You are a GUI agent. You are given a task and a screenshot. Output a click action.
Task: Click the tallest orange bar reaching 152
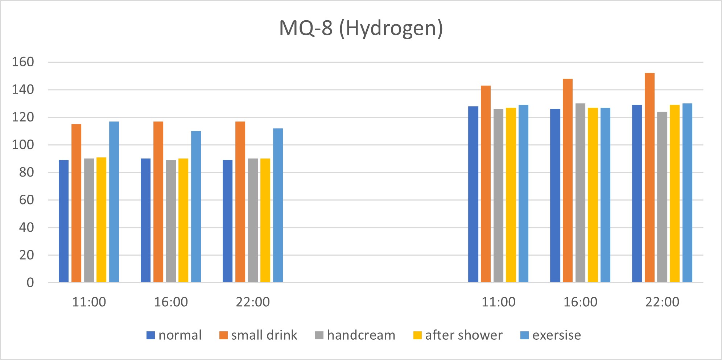[x=649, y=178]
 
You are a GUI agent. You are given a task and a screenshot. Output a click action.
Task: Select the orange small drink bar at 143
[x=486, y=184]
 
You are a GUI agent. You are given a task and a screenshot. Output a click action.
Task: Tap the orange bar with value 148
[x=568, y=181]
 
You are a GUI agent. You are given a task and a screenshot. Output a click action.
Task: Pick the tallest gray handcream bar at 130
[x=580, y=193]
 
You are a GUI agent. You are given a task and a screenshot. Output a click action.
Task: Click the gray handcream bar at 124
[x=662, y=197]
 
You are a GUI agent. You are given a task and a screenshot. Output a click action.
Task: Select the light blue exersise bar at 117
[x=114, y=202]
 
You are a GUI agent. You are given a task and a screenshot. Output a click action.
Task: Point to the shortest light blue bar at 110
[x=196, y=207]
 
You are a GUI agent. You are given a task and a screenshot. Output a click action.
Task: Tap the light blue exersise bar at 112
[x=278, y=205]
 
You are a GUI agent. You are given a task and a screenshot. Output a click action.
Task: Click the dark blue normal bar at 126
[x=555, y=195]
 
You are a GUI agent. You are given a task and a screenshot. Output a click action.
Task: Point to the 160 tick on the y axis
[x=23, y=62]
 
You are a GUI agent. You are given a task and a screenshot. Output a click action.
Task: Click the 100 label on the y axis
[x=23, y=145]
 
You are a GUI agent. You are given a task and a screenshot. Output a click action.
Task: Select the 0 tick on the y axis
[x=30, y=283]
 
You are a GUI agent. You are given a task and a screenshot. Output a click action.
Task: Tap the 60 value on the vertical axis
[x=26, y=200]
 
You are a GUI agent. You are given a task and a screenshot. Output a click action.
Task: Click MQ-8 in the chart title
[x=306, y=28]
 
